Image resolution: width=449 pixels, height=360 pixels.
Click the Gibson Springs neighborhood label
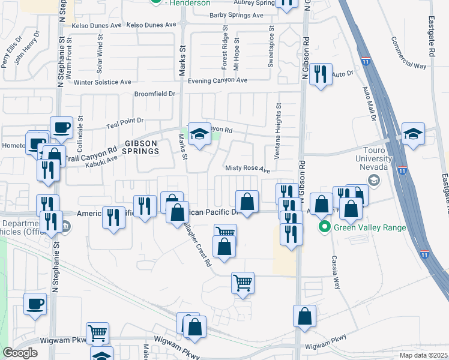[142, 147]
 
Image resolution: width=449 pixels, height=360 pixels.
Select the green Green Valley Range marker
[325, 227]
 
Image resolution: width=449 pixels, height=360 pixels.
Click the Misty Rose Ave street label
[247, 170]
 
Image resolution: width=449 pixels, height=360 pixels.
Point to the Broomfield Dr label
[155, 94]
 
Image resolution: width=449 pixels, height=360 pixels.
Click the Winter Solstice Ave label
[103, 82]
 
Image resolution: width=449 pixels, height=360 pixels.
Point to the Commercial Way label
[408, 55]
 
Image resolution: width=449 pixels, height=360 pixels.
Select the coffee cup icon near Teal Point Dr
[62, 127]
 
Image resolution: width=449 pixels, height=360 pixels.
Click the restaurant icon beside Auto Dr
[321, 74]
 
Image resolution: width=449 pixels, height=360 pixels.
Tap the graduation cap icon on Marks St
[199, 134]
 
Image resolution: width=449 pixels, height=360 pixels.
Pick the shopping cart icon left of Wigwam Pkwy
[97, 332]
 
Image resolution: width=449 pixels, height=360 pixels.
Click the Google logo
[20, 353]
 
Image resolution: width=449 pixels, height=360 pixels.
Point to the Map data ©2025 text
[423, 355]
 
